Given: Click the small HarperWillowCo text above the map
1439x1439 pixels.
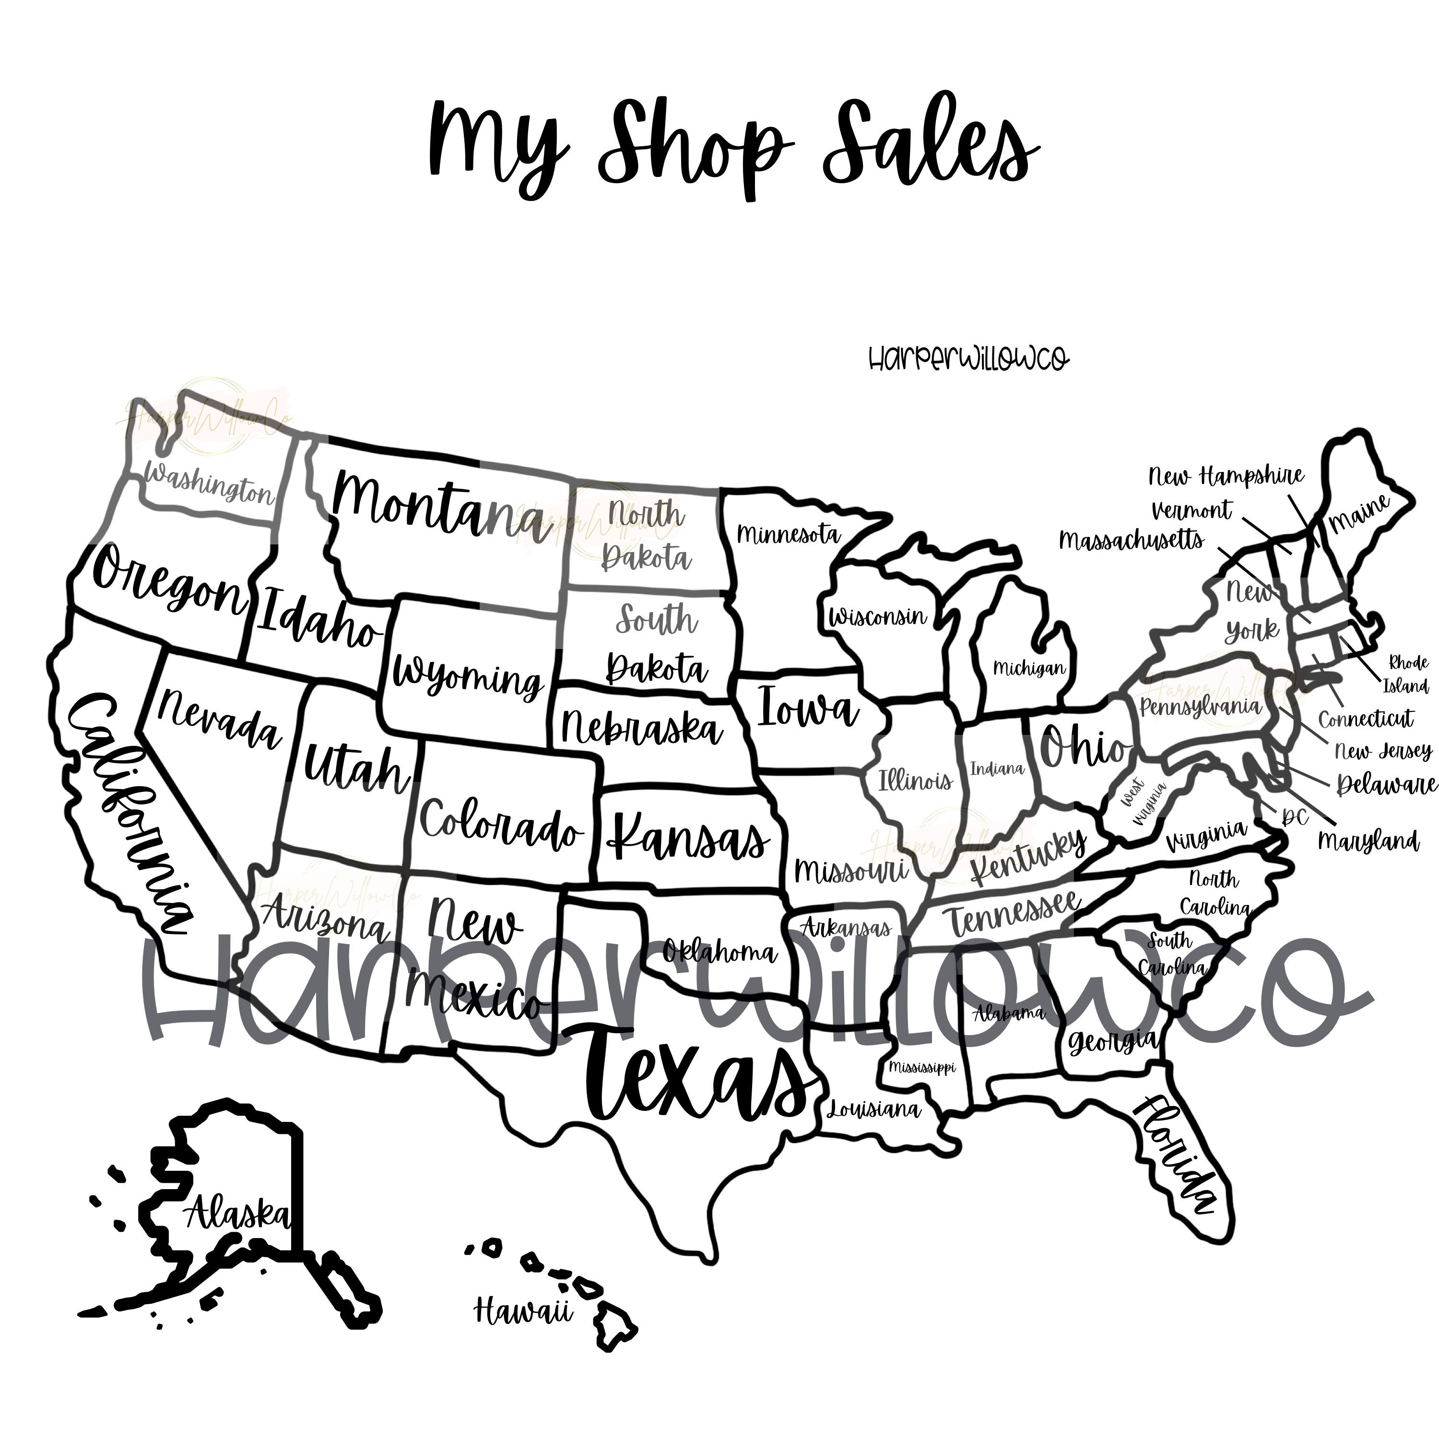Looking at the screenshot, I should [969, 359].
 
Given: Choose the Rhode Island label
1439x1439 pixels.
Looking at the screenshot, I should [1406, 674].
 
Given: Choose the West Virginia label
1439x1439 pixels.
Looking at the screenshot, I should [1141, 804].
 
